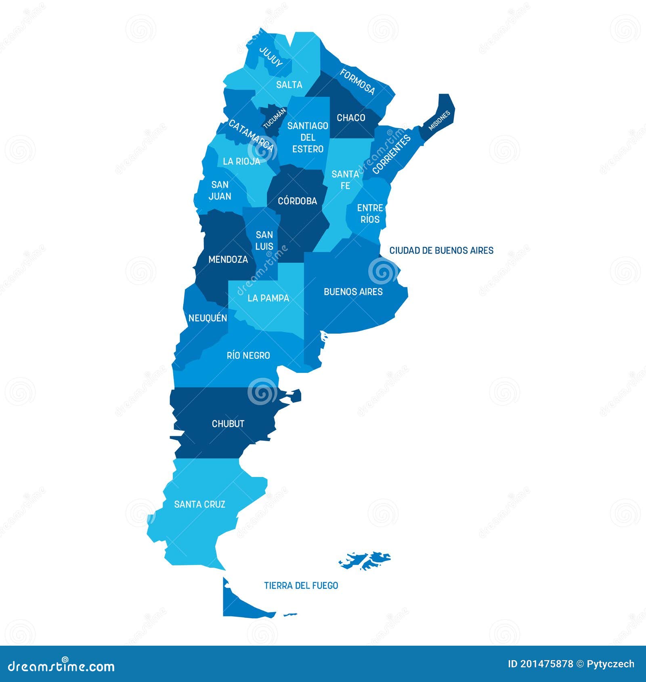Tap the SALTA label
(289, 85)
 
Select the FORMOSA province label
(357, 82)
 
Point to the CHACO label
(351, 118)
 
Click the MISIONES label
(439, 121)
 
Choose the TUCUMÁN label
(275, 118)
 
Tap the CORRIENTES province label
(391, 155)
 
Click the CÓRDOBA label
(298, 201)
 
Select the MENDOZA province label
(228, 259)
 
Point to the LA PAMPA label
(268, 298)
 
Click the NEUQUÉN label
(208, 318)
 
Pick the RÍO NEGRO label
(248, 356)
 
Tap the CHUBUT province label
(228, 424)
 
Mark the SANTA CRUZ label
(199, 504)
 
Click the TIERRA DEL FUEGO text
(301, 586)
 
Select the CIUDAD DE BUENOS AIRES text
(441, 251)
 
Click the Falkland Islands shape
(365, 561)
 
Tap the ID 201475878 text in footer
(540, 664)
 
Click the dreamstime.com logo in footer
(61, 666)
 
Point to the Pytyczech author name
(610, 664)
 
